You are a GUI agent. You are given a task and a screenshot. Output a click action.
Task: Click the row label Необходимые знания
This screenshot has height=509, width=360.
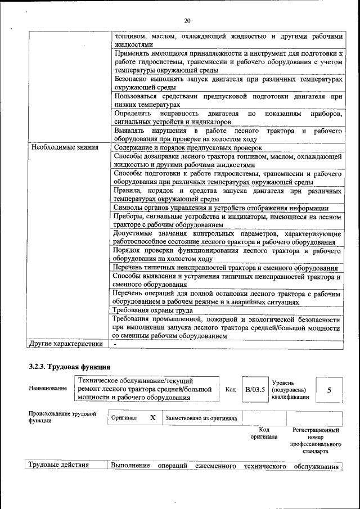[x=64, y=147]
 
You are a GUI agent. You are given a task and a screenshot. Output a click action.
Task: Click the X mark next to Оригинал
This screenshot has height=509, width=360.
[x=152, y=418]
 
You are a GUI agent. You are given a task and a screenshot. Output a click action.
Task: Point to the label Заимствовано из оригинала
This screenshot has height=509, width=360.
[x=201, y=418]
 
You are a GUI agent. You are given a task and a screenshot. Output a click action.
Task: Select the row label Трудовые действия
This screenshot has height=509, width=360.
[x=59, y=466]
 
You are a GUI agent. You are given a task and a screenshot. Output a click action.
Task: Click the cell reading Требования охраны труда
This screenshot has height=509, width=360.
[x=153, y=310]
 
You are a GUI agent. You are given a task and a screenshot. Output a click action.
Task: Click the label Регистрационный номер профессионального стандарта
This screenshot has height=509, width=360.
[x=316, y=440]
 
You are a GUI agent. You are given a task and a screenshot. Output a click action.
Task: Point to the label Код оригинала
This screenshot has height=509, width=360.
[x=264, y=433]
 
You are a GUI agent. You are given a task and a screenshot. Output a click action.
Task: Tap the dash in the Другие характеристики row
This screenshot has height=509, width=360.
[x=115, y=344]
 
